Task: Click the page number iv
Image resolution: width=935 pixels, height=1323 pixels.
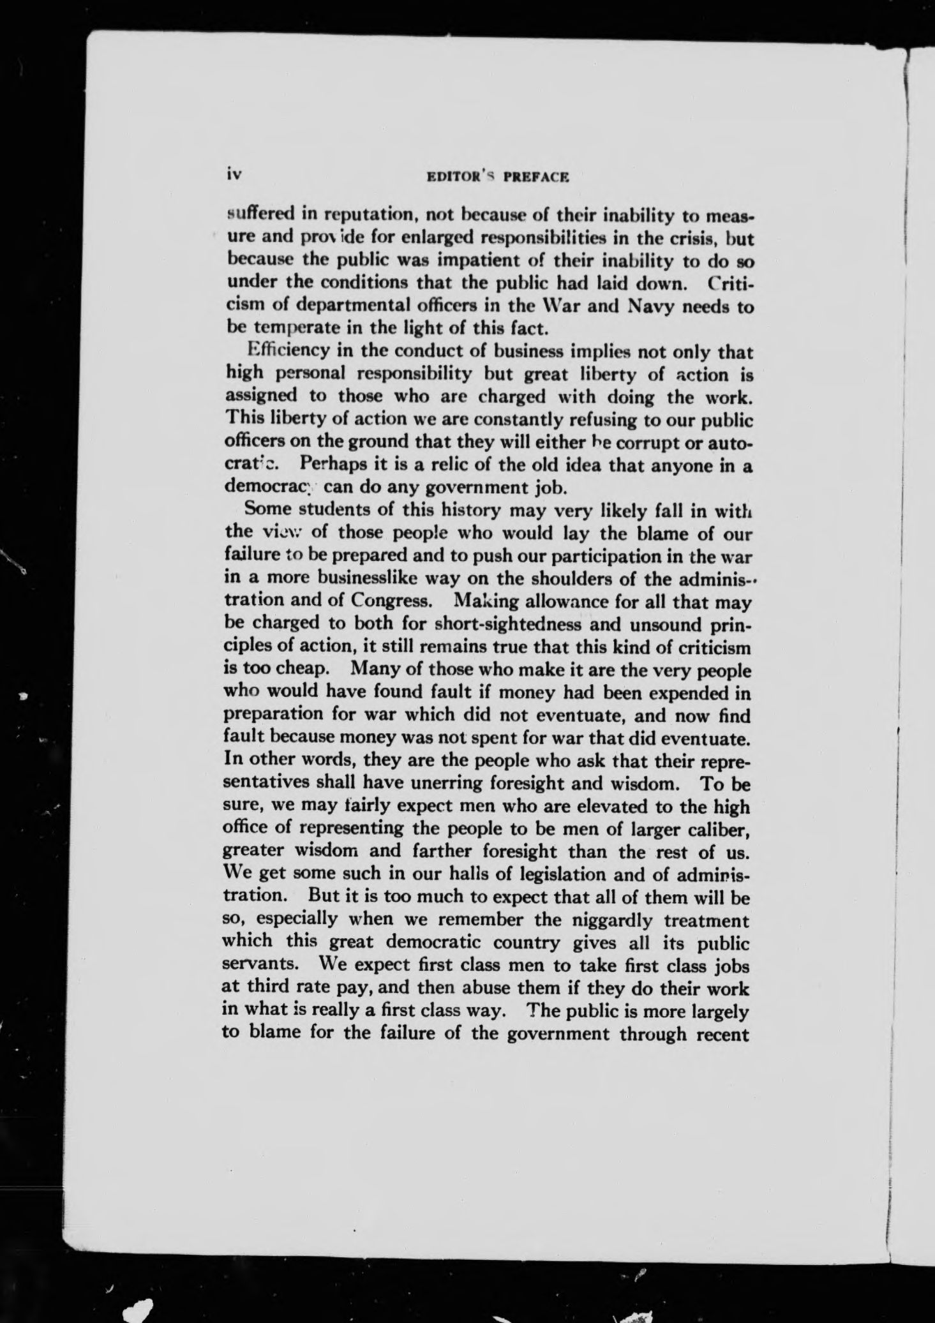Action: click(x=231, y=174)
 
